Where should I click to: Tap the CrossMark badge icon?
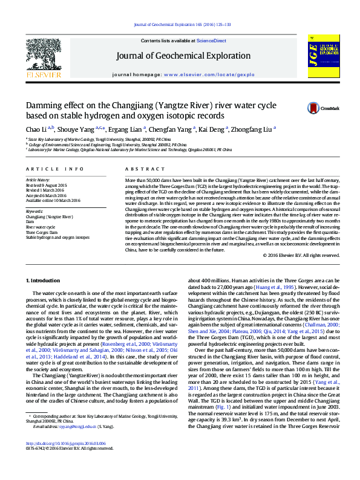click(x=314, y=108)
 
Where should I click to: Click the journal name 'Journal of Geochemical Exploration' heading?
click(x=183, y=56)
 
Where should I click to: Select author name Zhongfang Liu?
click(x=253, y=129)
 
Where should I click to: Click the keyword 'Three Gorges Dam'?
click(x=43, y=232)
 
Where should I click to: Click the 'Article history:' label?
click(x=37, y=180)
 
